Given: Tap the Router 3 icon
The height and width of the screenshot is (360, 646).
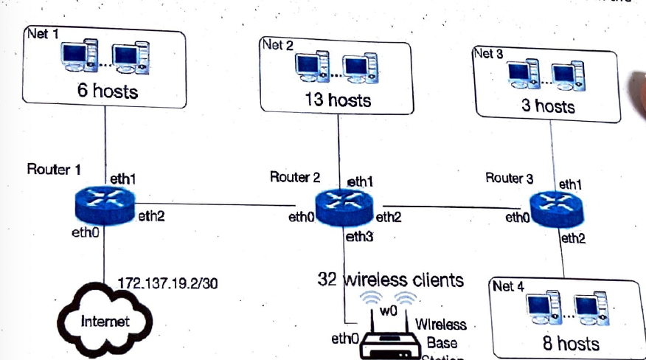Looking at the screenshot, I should coord(555,211).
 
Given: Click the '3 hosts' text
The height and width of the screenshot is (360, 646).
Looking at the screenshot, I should coord(547,105).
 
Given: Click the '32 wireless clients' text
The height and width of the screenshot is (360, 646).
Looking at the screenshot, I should coord(391,280).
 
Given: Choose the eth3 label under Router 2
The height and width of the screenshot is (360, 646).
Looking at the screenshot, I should coord(359,238).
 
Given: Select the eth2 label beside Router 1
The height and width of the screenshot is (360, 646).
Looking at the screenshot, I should coord(151,216).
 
